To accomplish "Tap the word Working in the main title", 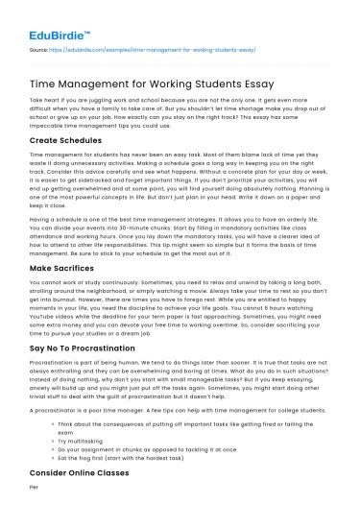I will (x=177, y=83).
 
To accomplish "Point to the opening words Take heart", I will (x=43, y=100).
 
